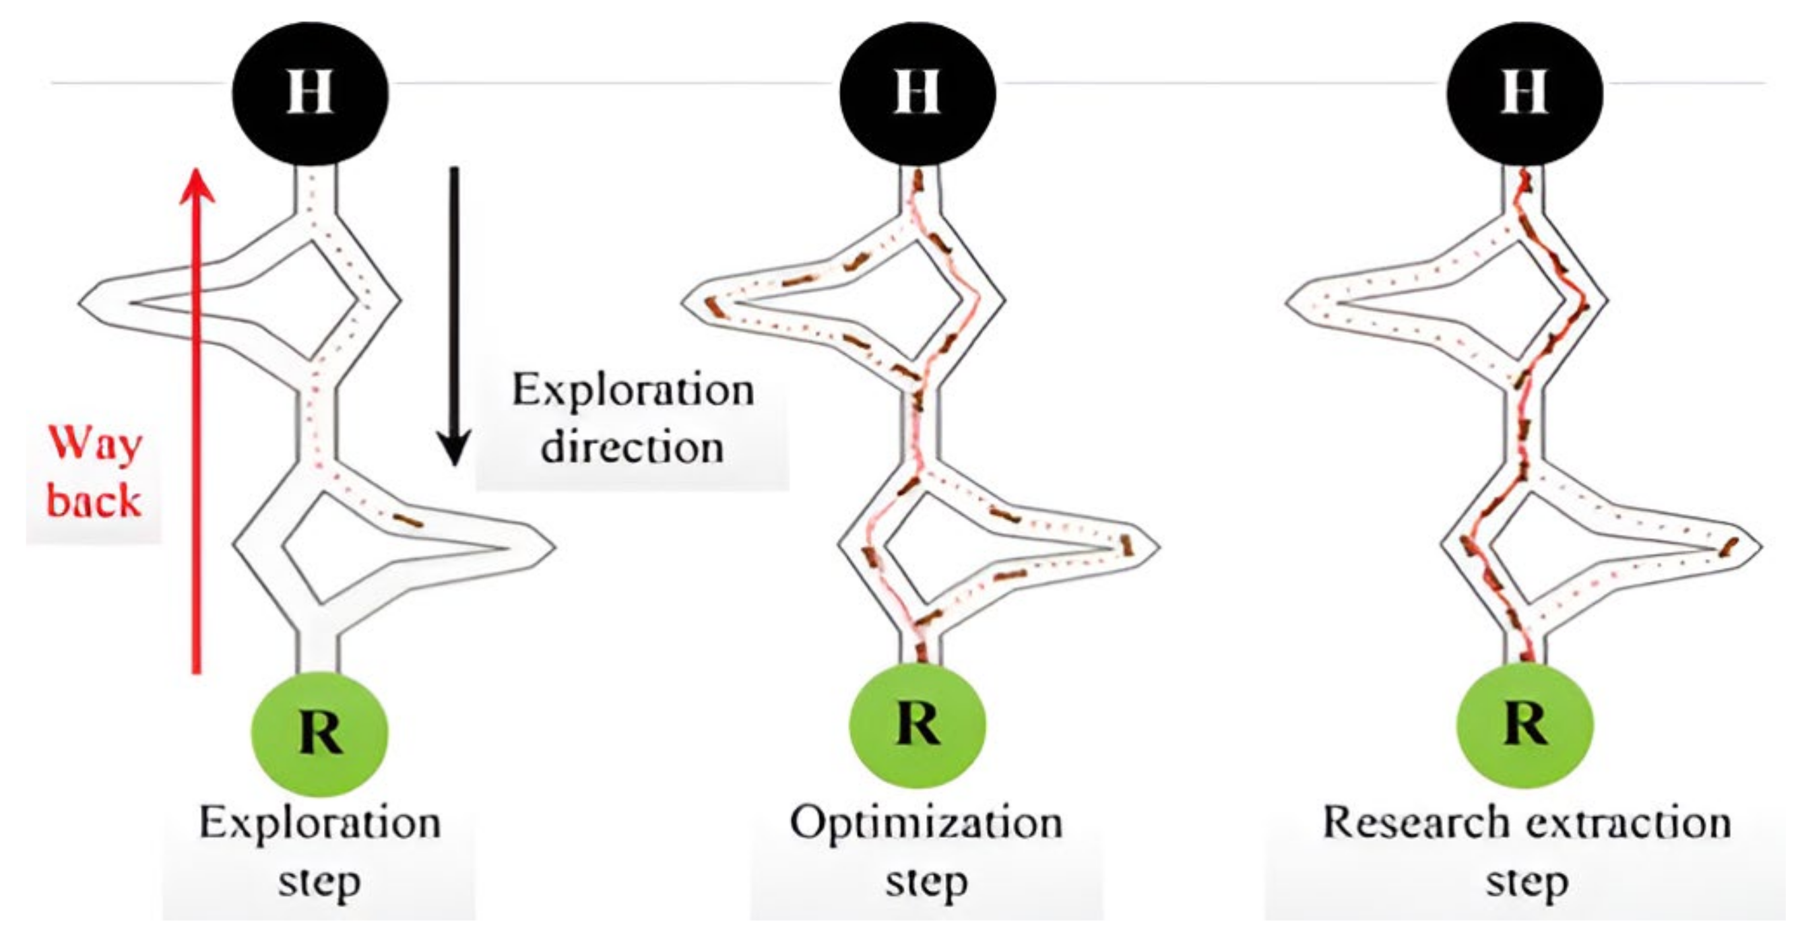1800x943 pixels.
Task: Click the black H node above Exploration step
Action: pos(310,93)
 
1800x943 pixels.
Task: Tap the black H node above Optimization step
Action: pos(918,93)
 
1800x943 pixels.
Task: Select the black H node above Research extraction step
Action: pos(1524,93)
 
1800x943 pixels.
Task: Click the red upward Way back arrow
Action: pos(196,419)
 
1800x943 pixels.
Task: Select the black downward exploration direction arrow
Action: pos(454,315)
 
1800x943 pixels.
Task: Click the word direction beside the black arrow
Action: pos(633,447)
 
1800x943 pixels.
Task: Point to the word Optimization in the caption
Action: pos(926,824)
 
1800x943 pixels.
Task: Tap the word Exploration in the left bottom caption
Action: pos(320,824)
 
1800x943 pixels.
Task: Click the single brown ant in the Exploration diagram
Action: pos(408,521)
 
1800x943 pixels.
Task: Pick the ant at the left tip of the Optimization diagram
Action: pos(713,306)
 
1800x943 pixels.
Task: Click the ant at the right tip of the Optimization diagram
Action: pos(1124,545)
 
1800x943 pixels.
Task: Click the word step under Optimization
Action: pos(926,882)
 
